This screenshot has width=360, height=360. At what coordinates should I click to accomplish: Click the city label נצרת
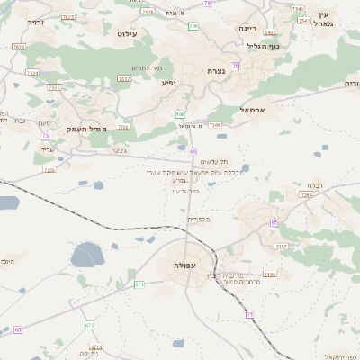click(216, 71)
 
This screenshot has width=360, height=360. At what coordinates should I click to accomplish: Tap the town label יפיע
click(169, 83)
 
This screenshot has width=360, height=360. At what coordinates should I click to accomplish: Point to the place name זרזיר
click(36, 22)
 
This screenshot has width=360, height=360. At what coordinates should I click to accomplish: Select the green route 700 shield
click(193, 26)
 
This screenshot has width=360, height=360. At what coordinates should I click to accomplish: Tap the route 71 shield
click(250, 313)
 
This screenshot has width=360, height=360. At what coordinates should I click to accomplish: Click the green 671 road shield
click(139, 284)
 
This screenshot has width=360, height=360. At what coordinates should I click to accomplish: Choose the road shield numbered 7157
click(281, 246)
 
